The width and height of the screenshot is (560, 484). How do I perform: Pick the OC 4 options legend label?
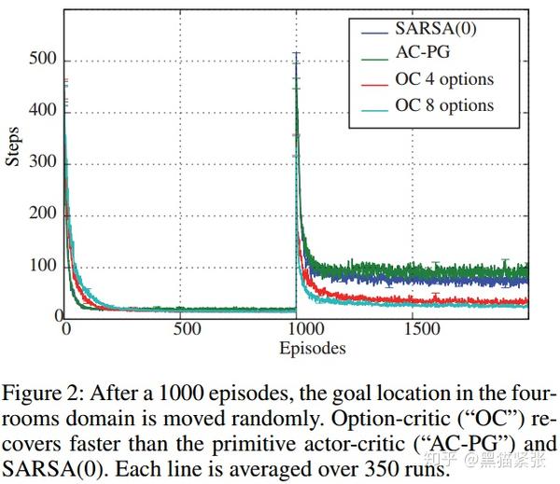click(x=443, y=79)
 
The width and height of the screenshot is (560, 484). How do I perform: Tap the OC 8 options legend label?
click(x=443, y=104)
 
